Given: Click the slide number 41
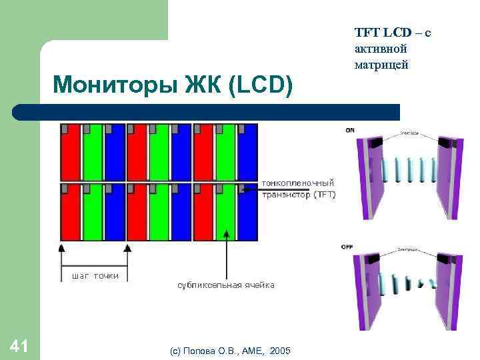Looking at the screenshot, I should pos(19,345).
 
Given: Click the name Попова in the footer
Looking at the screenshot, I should pos(201,350).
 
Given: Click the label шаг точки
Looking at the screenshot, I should pos(94,275).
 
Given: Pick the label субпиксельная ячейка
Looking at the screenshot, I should pos(225,285).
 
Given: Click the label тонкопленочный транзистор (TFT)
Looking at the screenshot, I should pos(298,188).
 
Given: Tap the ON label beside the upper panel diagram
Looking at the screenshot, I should pos(350,130).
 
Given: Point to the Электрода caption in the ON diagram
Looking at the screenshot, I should pos(409,133).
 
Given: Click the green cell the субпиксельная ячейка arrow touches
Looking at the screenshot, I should pos(227,220).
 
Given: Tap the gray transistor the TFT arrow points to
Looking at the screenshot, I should pos(241,189).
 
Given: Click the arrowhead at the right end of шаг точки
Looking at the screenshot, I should pos(127,247).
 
